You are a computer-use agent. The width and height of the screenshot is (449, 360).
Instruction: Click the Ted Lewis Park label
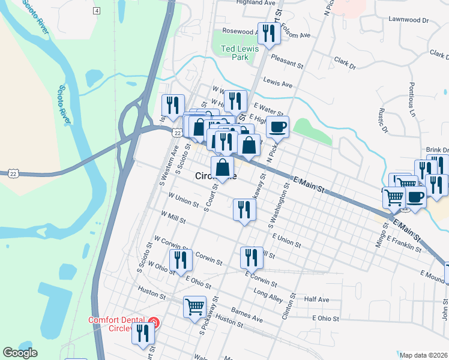pos(240,53)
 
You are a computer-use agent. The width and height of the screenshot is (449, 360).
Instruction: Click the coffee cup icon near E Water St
pos(278,127)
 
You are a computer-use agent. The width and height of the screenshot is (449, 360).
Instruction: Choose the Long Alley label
pos(268,294)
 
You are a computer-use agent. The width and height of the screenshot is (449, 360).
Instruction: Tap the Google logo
pos(20,353)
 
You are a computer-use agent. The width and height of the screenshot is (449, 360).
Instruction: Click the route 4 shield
pos(97,11)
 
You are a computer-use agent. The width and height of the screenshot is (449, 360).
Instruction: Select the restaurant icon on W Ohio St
pos(179,260)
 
